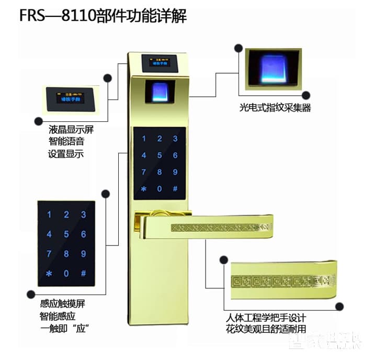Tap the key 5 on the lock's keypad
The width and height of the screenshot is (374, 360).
pyautogui.click(x=160, y=155)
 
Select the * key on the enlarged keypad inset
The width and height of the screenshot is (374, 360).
pyautogui.click(x=49, y=274)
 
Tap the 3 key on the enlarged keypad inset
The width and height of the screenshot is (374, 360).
pyautogui.click(x=83, y=215)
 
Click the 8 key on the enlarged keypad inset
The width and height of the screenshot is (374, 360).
pyautogui.click(x=66, y=254)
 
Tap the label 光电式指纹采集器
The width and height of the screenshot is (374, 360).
pyautogui.click(x=271, y=109)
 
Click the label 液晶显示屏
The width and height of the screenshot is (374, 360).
pyautogui.click(x=71, y=129)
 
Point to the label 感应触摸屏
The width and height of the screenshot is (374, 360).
pyautogui.click(x=62, y=304)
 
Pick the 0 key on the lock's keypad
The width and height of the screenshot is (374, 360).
pyautogui.click(x=160, y=188)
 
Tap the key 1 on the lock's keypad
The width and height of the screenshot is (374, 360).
pyautogui.click(x=144, y=139)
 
